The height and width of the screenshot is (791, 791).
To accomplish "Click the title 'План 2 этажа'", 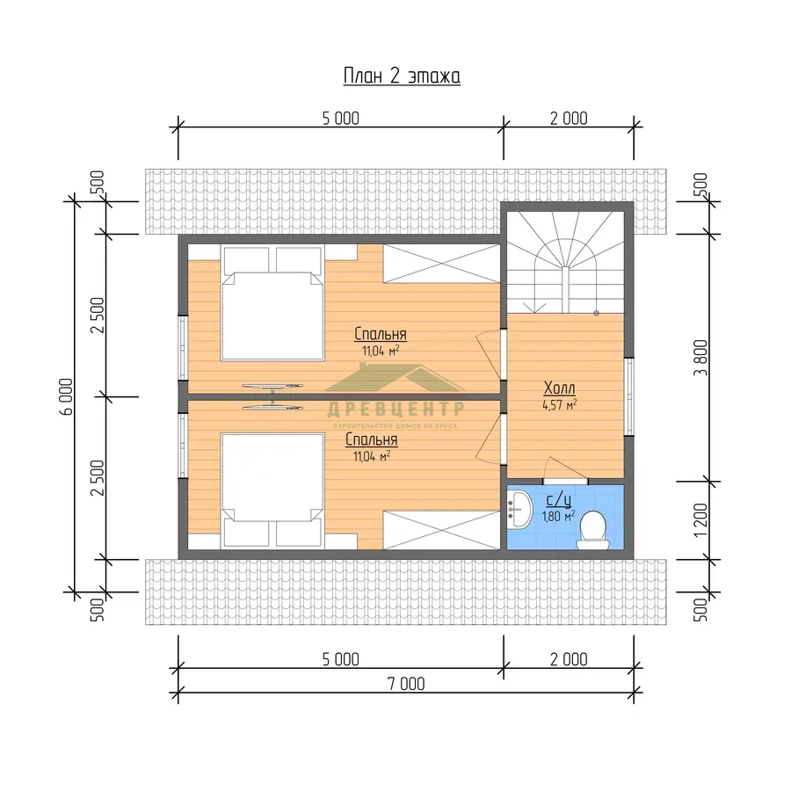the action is pyautogui.click(x=402, y=76).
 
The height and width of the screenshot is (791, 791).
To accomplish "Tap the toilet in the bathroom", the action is pyautogui.click(x=592, y=530).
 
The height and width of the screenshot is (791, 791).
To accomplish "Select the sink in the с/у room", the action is pyautogui.click(x=519, y=510).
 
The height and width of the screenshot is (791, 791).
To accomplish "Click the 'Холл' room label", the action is pyautogui.click(x=560, y=388).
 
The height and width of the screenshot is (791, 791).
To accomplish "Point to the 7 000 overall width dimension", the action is pyautogui.click(x=406, y=684).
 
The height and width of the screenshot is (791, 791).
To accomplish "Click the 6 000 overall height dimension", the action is pyautogui.click(x=67, y=396).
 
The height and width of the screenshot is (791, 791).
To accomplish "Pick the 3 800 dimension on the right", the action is pyautogui.click(x=700, y=358).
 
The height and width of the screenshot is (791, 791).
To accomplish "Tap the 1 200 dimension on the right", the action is pyautogui.click(x=700, y=520).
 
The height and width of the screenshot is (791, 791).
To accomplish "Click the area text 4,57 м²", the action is pyautogui.click(x=560, y=404).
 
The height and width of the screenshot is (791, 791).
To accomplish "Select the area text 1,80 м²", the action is pyautogui.click(x=558, y=516).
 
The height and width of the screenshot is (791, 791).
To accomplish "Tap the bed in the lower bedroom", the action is pyautogui.click(x=272, y=490).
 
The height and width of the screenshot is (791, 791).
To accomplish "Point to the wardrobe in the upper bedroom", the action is pyautogui.click(x=441, y=264).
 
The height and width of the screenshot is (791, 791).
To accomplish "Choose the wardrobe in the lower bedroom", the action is pyautogui.click(x=441, y=530).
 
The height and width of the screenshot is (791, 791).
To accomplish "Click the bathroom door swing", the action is pyautogui.click(x=565, y=469).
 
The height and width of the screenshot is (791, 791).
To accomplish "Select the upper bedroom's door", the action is pyautogui.click(x=490, y=353).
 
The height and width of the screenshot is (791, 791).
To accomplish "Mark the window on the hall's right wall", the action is pyautogui.click(x=628, y=396).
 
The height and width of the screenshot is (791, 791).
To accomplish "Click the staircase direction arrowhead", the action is pyautogui.click(x=534, y=308).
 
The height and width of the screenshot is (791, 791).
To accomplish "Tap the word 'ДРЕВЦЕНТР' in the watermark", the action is pyautogui.click(x=395, y=409).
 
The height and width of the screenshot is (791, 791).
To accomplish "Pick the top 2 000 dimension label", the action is pyautogui.click(x=569, y=119).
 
